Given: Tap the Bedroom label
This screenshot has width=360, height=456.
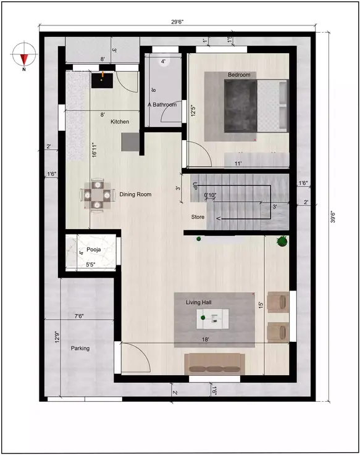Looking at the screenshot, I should tap(239, 75).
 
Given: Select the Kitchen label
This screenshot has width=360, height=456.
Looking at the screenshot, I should tap(120, 122).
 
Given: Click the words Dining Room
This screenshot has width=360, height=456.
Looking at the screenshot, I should tap(135, 194).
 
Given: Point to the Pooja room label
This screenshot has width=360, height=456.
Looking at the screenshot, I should tap(94, 249).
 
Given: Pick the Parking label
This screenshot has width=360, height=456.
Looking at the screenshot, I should tap(80, 348).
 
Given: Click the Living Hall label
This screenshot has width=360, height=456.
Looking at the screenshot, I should tap(198, 303).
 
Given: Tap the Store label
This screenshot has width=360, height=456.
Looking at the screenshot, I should tap(198, 217).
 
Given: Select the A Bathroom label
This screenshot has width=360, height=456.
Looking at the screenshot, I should tap(162, 105).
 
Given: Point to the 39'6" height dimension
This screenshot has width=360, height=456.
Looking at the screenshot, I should tap(333, 218).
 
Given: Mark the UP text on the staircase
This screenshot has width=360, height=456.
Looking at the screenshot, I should tap(195, 185).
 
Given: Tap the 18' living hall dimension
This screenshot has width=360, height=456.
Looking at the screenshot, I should tap(205, 339).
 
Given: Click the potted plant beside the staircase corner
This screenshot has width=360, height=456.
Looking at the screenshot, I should tap(282, 241).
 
